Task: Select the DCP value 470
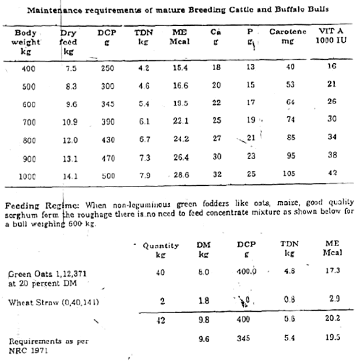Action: [108, 158]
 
